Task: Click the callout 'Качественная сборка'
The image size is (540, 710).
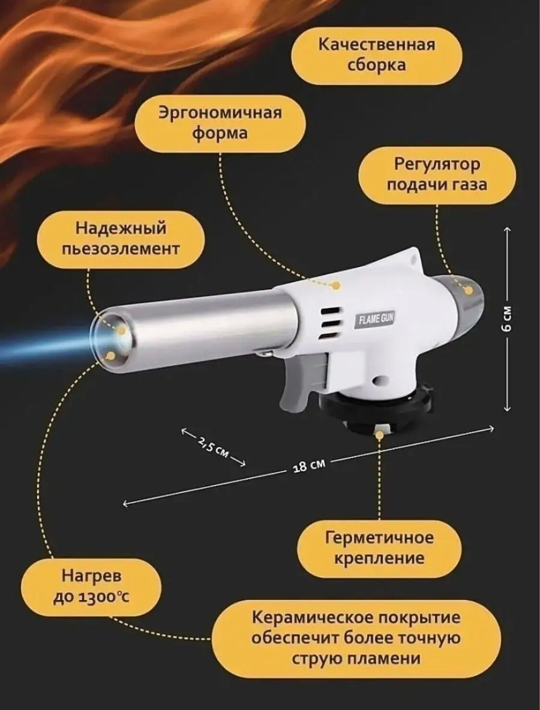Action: [x=377, y=55]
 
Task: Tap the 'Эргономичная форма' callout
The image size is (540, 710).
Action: [x=220, y=123]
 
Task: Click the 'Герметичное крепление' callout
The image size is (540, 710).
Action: [x=379, y=548]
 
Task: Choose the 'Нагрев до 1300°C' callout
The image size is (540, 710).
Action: [x=91, y=586]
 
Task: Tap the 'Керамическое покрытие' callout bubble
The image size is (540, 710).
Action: [x=356, y=638]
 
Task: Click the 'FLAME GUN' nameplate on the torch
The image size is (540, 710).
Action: [x=374, y=320]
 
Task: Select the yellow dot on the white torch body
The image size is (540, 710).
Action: [x=336, y=285]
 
